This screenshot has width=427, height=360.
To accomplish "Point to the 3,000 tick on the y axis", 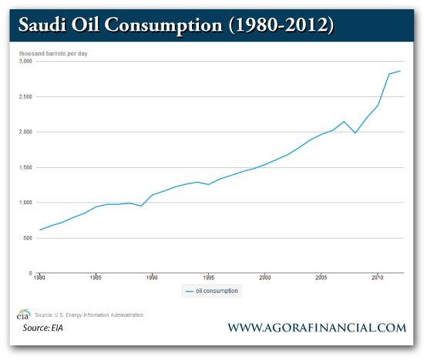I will click(x=25, y=62).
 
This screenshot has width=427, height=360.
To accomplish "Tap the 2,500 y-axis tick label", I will click(x=25, y=97).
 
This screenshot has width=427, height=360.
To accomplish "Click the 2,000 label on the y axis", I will click(x=25, y=132).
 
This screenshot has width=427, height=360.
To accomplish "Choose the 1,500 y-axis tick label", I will click(x=25, y=167).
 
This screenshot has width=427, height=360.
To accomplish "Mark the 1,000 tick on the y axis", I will click(x=25, y=203).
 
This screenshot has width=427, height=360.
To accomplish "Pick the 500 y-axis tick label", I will click(x=28, y=238).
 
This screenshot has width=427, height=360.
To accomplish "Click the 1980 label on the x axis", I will click(x=40, y=276).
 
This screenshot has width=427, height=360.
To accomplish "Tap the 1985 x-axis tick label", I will click(x=96, y=276).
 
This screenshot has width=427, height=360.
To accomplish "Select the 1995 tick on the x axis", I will click(x=208, y=276).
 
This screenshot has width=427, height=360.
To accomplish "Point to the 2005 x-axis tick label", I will click(x=321, y=276).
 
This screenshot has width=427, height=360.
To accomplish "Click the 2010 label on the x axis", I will click(x=377, y=276).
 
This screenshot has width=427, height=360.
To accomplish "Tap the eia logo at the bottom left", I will click(x=23, y=315).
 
